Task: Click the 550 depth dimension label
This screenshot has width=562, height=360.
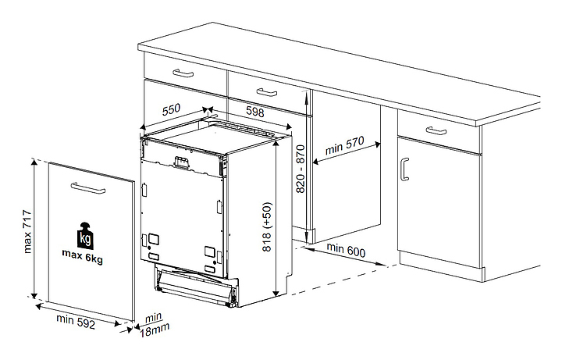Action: click(x=171, y=110)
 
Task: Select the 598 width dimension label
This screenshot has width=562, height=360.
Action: click(x=254, y=112)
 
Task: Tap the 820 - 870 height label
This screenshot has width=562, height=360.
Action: click(x=301, y=169)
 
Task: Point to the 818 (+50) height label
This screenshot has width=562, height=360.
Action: click(x=267, y=227)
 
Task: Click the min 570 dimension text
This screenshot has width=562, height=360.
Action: click(x=344, y=145)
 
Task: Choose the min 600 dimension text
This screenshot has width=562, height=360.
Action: click(x=346, y=250)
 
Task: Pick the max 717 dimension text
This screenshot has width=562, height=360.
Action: click(x=27, y=232)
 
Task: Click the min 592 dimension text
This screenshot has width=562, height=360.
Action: click(x=76, y=321)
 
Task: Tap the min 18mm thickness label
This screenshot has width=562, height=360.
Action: click(x=154, y=325)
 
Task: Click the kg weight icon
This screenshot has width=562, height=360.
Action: click(x=85, y=236)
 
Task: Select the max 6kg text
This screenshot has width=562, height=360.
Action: click(x=83, y=256)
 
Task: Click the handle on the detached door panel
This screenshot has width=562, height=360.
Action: click(x=87, y=188)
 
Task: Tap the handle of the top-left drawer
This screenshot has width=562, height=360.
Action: click(x=183, y=73)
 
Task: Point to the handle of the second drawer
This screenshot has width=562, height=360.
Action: click(x=267, y=92)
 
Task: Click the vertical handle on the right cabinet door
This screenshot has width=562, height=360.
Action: click(x=404, y=169)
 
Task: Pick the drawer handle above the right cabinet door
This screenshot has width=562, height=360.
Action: click(x=436, y=130)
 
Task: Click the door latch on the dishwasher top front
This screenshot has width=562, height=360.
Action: click(x=181, y=162)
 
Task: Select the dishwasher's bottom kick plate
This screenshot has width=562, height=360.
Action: click(x=197, y=286)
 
